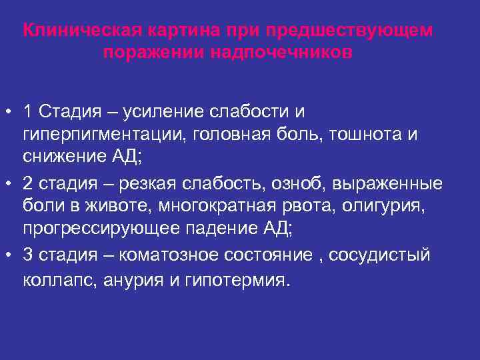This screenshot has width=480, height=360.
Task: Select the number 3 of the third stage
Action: (x=27, y=255)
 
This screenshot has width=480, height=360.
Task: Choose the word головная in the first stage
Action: (x=231, y=134)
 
